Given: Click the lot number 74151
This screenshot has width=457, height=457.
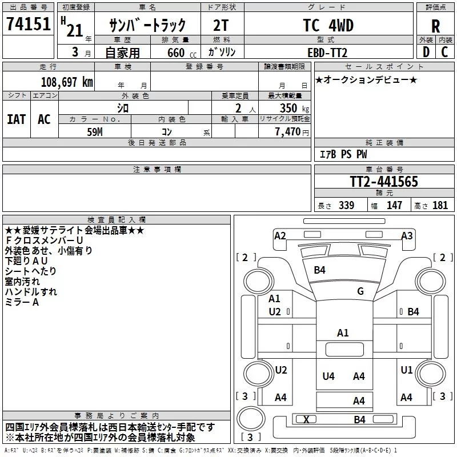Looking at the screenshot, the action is pyautogui.click(x=28, y=24).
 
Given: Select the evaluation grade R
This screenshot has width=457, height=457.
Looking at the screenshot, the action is pyautogui.click(x=435, y=26).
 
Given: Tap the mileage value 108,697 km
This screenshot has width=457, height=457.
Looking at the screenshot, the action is pyautogui.click(x=67, y=82).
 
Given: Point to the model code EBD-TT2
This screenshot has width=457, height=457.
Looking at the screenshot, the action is pyautogui.click(x=327, y=53).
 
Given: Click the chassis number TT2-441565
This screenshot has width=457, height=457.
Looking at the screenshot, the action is pyautogui.click(x=384, y=182).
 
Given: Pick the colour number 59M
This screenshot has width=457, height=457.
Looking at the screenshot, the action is pyautogui.click(x=95, y=132).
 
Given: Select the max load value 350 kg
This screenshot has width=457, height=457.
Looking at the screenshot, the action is pyautogui.click(x=294, y=108).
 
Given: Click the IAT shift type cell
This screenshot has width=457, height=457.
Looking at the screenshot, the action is pyautogui.click(x=17, y=119).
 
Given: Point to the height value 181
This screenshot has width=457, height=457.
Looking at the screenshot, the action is pyautogui.click(x=440, y=205).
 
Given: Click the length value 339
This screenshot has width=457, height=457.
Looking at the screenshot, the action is pyautogui.click(x=346, y=205).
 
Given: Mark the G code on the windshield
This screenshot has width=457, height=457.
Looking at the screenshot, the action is pyautogui.click(x=360, y=291).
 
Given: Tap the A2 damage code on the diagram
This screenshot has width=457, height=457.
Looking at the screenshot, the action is pyautogui.click(x=280, y=236).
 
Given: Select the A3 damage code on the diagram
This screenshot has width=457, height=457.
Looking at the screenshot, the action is pyautogui.click(x=407, y=236).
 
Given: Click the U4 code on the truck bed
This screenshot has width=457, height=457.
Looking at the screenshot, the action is pyautogui.click(x=328, y=376).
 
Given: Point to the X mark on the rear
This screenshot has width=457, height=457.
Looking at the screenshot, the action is pyautogui.click(x=306, y=420).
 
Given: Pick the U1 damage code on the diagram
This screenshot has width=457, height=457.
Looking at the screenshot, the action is pyautogui.click(x=406, y=370).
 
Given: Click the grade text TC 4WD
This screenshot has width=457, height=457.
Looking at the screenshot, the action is pyautogui.click(x=328, y=25).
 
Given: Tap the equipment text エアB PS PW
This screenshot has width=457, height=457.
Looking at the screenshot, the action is pyautogui.click(x=343, y=154).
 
